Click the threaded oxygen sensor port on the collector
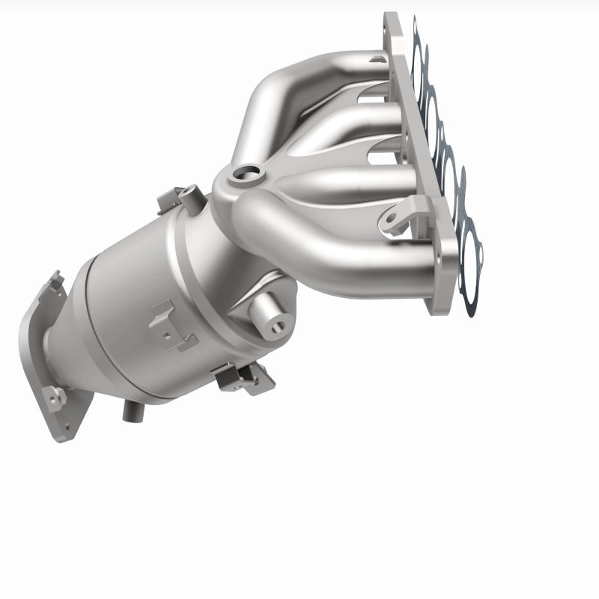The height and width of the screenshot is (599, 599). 244,176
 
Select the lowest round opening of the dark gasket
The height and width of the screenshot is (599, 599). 471,255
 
